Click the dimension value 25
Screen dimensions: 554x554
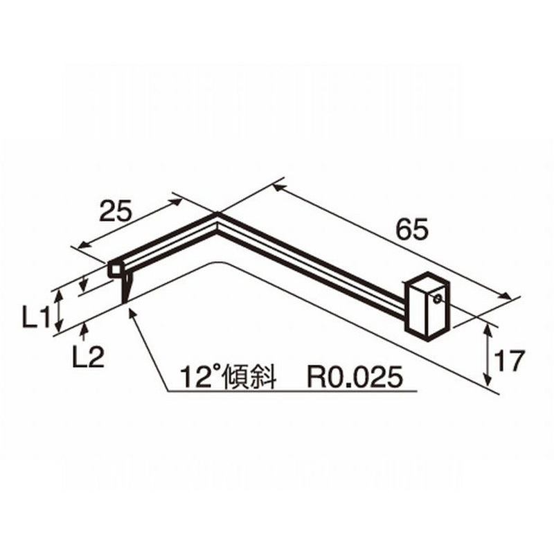click(116, 211)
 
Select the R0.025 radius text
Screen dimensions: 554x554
click(355, 377)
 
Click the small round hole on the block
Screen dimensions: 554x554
click(438, 299)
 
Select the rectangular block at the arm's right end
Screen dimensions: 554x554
click(425, 305)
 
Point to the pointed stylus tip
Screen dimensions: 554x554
click(126, 298)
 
